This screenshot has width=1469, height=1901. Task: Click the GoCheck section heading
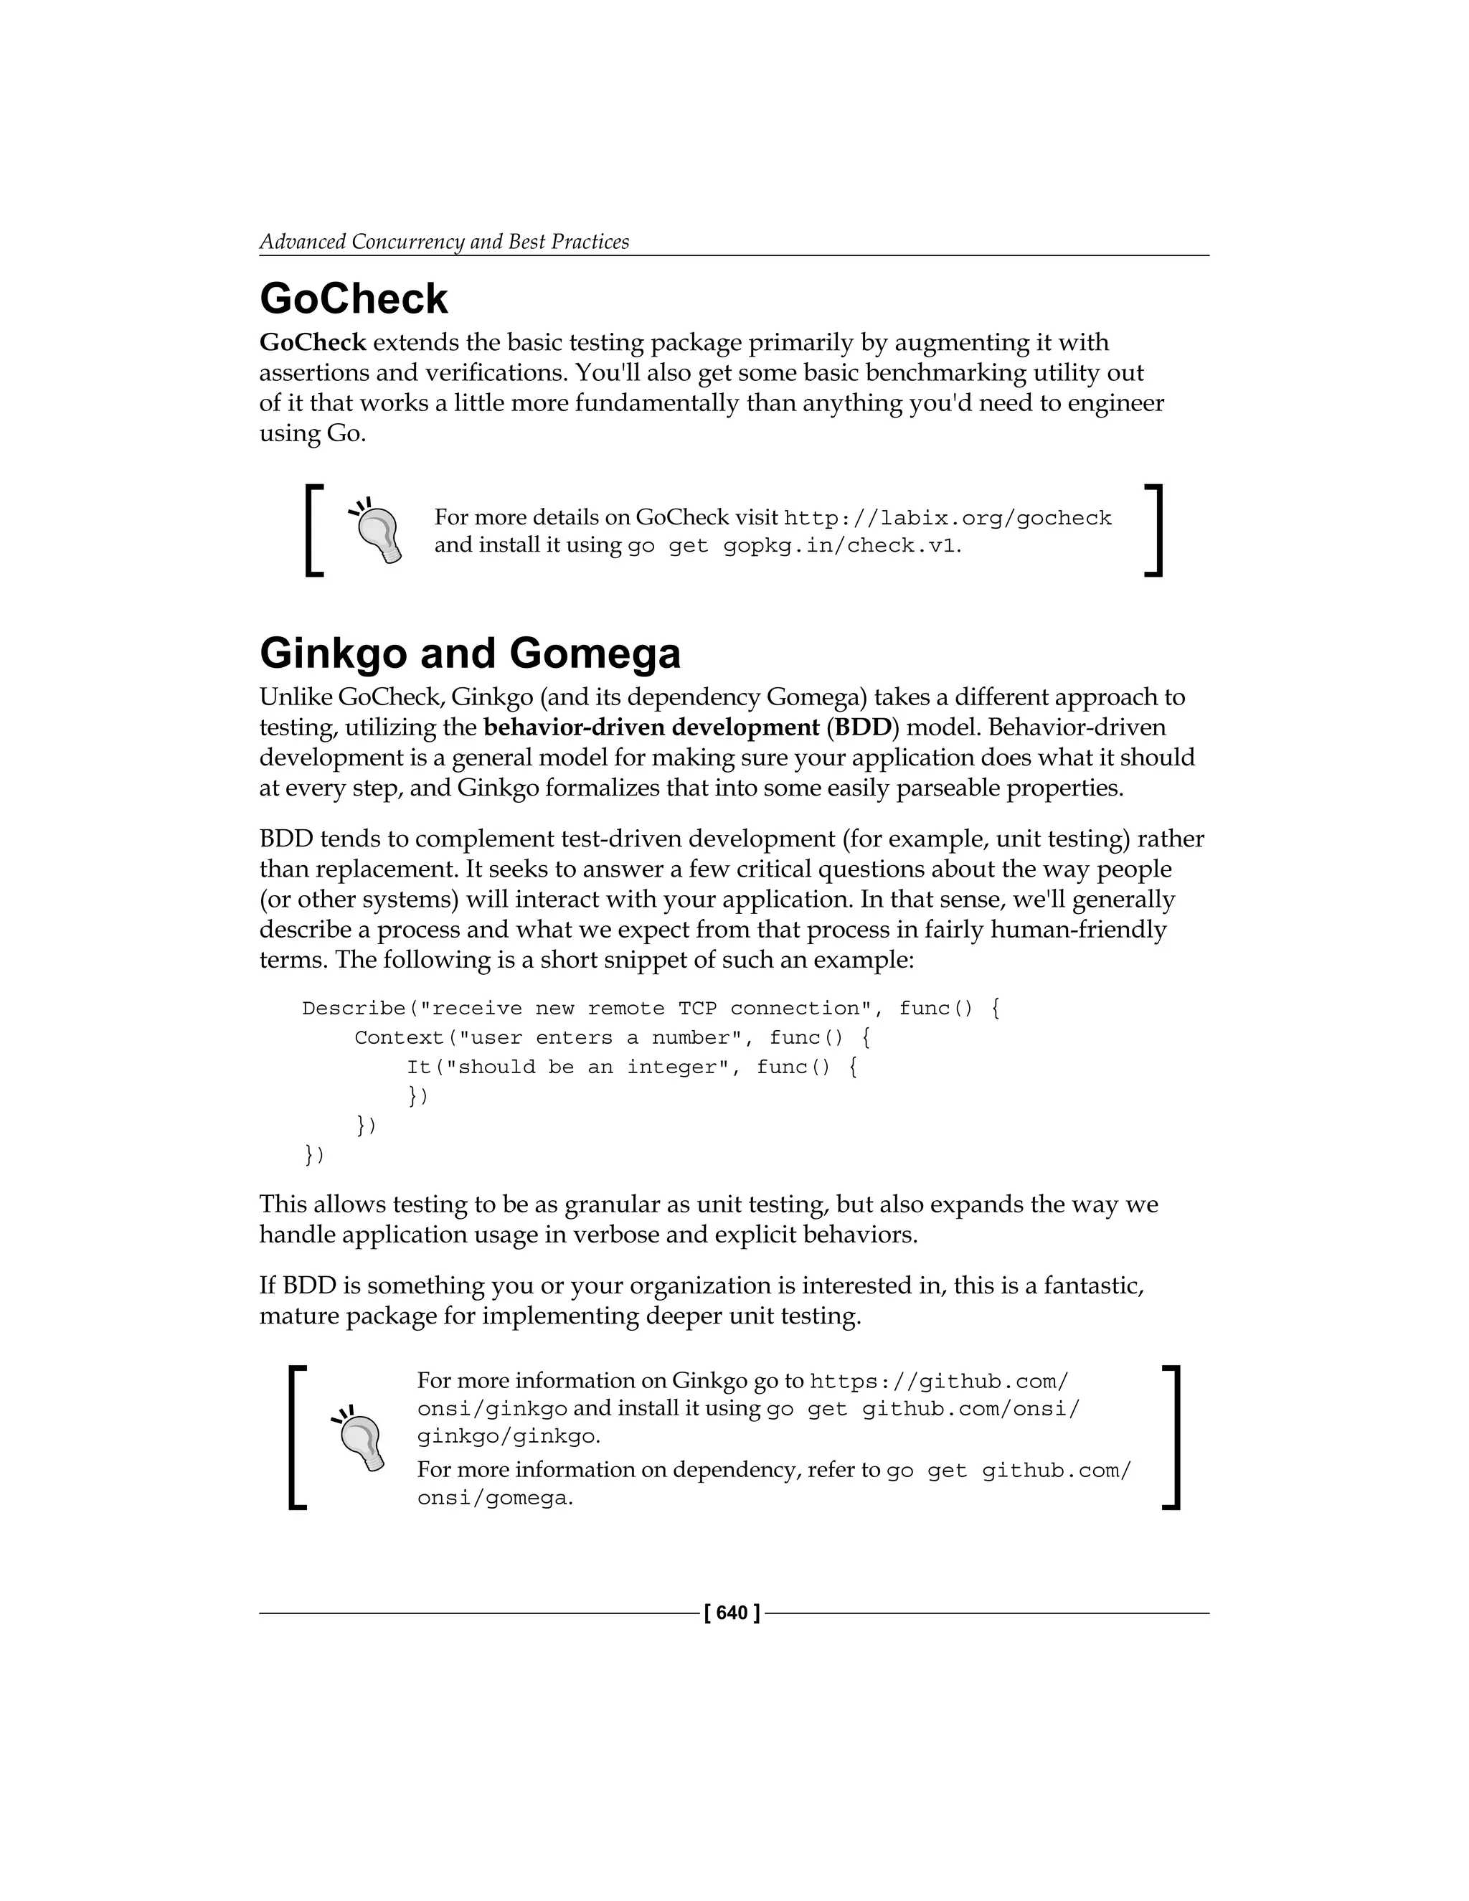[354, 298]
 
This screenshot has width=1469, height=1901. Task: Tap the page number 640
[732, 1613]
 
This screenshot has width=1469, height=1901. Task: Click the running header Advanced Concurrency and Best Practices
[444, 241]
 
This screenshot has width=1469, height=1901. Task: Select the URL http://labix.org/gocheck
[947, 518]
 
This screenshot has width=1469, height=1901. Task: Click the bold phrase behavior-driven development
[651, 727]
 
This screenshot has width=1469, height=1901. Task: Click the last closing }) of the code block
[314, 1155]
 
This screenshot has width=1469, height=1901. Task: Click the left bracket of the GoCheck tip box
[314, 530]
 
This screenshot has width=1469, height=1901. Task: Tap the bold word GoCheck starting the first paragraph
[313, 342]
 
